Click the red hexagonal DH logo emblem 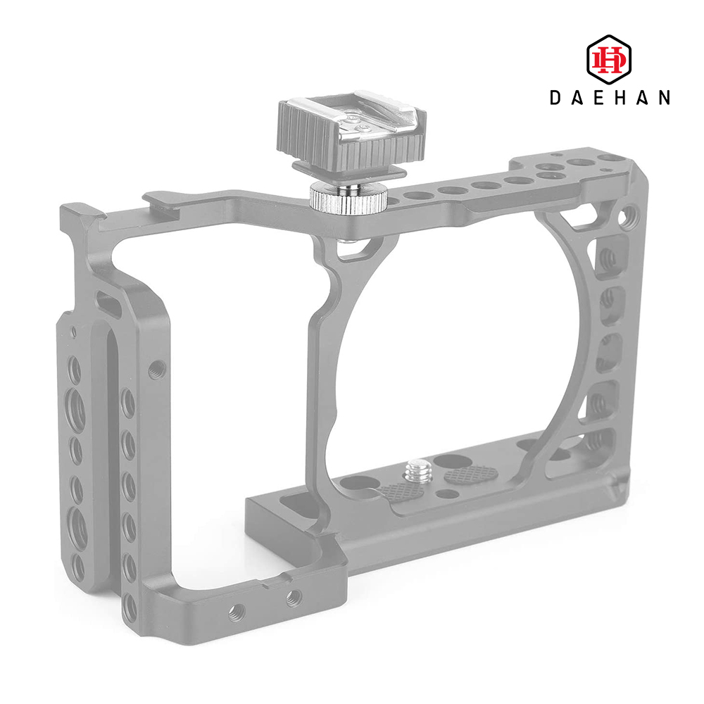coord(609,60)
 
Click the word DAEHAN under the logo coord(610,97)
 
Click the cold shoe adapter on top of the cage coord(351,134)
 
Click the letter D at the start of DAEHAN coord(556,97)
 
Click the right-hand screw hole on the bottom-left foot coord(294,598)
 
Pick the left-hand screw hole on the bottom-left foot coord(237,612)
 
